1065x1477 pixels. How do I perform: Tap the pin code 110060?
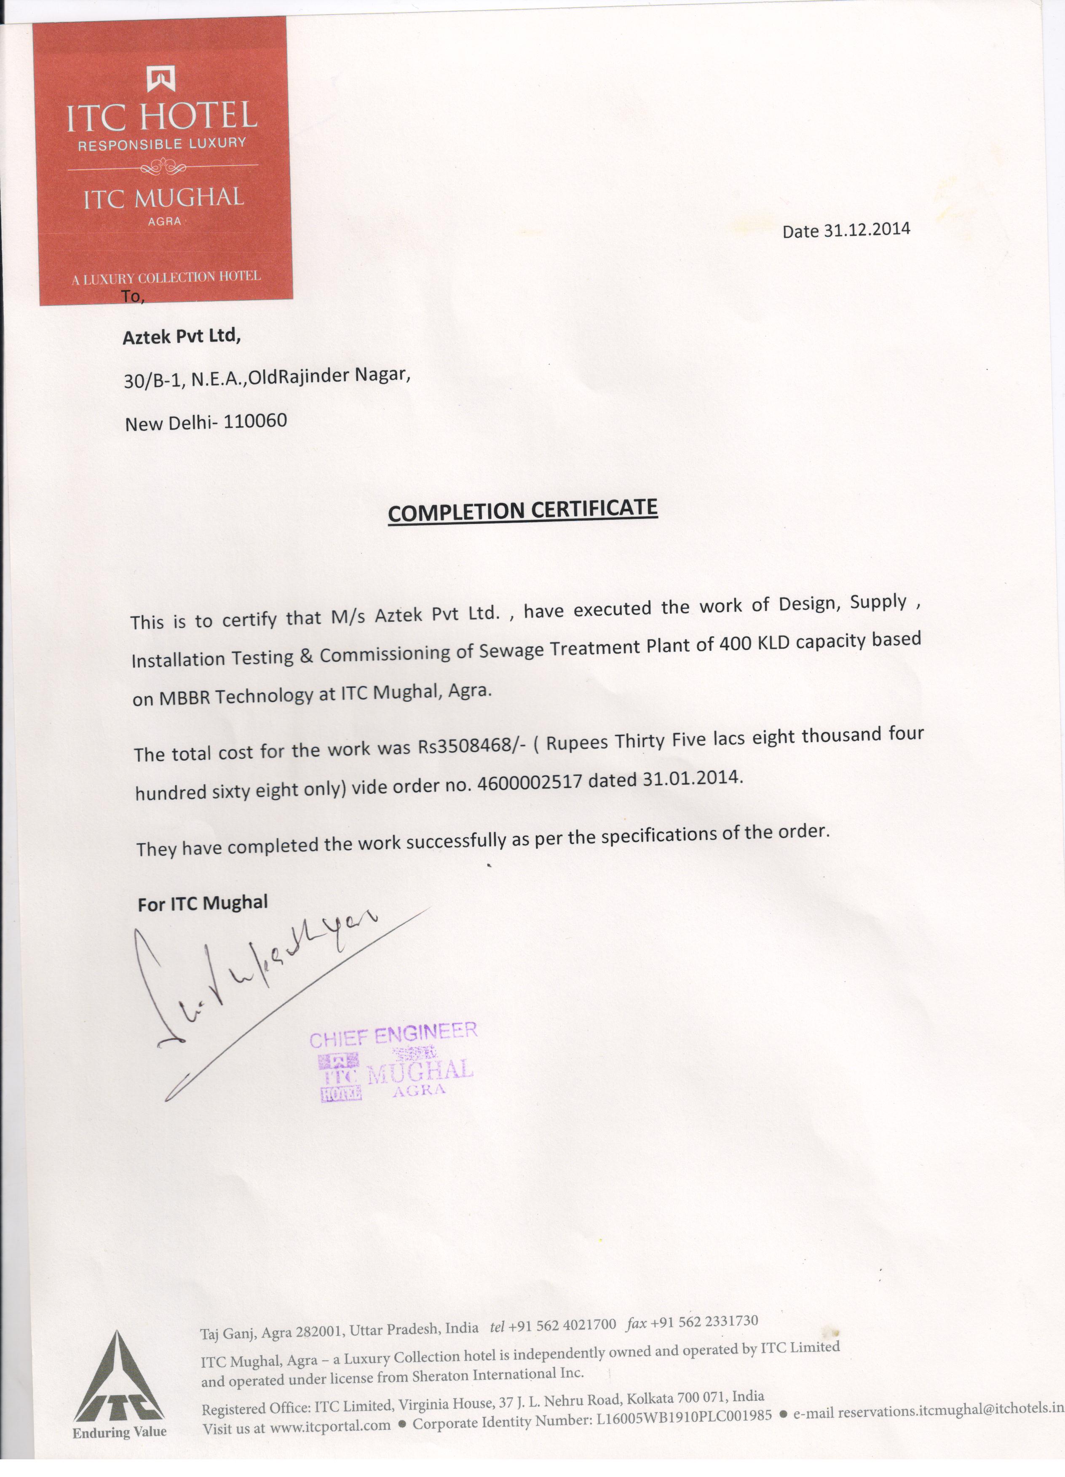click(255, 421)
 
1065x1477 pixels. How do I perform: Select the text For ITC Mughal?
click(203, 903)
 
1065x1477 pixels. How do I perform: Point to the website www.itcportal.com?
click(330, 1426)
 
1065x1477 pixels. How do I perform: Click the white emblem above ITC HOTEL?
click(161, 79)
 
